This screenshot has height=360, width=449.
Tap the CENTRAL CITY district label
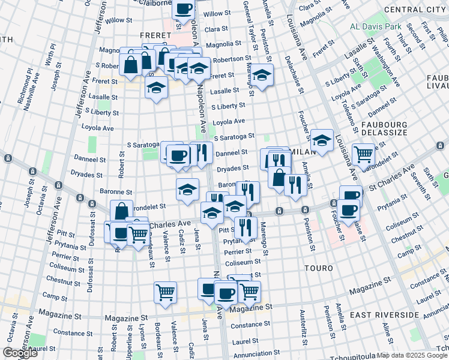416,10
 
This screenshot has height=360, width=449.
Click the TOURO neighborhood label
318,268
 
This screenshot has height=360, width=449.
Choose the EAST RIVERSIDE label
384,315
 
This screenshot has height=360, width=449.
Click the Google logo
20,352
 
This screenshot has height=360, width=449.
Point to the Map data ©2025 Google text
411,355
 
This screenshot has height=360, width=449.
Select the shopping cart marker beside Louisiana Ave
363,154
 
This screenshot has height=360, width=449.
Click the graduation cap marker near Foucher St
322,141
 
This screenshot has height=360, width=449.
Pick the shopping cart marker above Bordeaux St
165,292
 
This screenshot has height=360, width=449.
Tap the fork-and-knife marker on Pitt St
245,227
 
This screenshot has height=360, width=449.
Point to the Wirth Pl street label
50,54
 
